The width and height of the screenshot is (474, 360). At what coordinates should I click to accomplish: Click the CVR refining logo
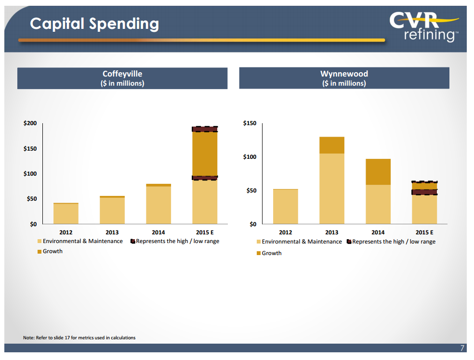pos(423,26)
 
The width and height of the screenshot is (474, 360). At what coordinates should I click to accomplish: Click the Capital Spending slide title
pos(94,24)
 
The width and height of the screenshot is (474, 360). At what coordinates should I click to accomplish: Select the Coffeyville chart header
pos(122,78)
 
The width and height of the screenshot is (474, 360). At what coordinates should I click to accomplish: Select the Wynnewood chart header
pos(344,78)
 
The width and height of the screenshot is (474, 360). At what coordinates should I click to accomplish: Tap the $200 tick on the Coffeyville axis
pos(30,124)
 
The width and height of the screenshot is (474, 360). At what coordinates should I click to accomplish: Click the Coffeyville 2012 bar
pos(66,213)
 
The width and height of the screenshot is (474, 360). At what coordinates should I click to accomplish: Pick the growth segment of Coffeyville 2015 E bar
pos(205,154)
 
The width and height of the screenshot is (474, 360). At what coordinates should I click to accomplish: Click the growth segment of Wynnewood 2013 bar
pos(332,145)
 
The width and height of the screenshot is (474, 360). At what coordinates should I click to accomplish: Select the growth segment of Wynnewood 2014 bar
pos(378,172)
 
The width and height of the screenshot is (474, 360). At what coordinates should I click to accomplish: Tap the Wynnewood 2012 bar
pos(286,206)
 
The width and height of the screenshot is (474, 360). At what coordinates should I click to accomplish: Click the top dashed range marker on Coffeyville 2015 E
pos(205,129)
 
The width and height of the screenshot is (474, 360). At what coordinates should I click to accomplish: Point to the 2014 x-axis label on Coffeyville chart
pos(158,232)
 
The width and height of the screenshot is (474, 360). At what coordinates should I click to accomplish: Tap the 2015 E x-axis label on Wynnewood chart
pos(424,232)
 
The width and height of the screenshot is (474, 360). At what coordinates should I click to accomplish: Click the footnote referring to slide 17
pos(79,338)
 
